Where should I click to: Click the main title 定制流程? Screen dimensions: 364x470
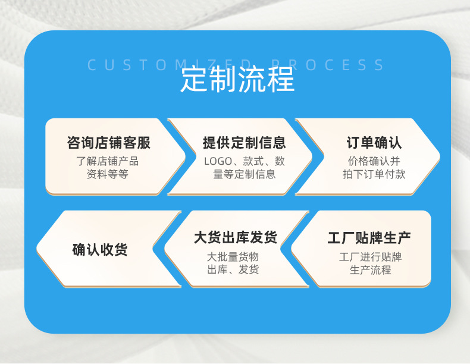[237, 80]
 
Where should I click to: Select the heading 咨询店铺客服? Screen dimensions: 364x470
[108, 143]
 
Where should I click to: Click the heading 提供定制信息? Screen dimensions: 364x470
[244, 143]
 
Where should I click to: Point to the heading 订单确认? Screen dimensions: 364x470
[374, 143]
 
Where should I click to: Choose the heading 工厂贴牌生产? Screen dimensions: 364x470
[369, 239]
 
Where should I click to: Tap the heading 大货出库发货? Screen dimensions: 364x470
[236, 238]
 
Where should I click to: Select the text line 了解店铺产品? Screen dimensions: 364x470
[107, 161]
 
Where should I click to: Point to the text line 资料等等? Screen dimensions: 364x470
[107, 174]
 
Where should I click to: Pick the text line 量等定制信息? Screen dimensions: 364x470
[244, 174]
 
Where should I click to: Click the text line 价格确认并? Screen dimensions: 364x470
[374, 161]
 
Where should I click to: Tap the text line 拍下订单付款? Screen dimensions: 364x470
[374, 174]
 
